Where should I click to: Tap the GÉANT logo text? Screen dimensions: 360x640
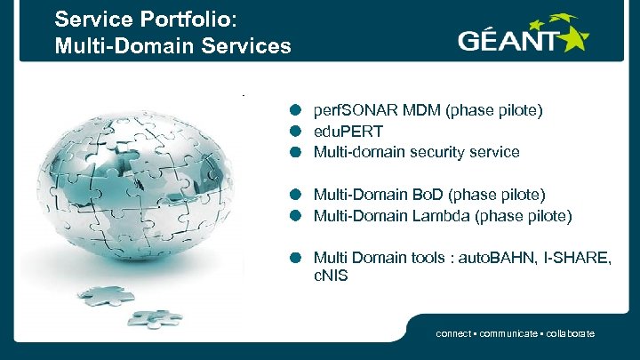[507, 40]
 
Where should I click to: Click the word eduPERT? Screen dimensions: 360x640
[348, 132]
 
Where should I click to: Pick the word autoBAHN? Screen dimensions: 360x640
[491, 258]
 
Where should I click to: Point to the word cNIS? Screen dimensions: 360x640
[331, 276]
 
